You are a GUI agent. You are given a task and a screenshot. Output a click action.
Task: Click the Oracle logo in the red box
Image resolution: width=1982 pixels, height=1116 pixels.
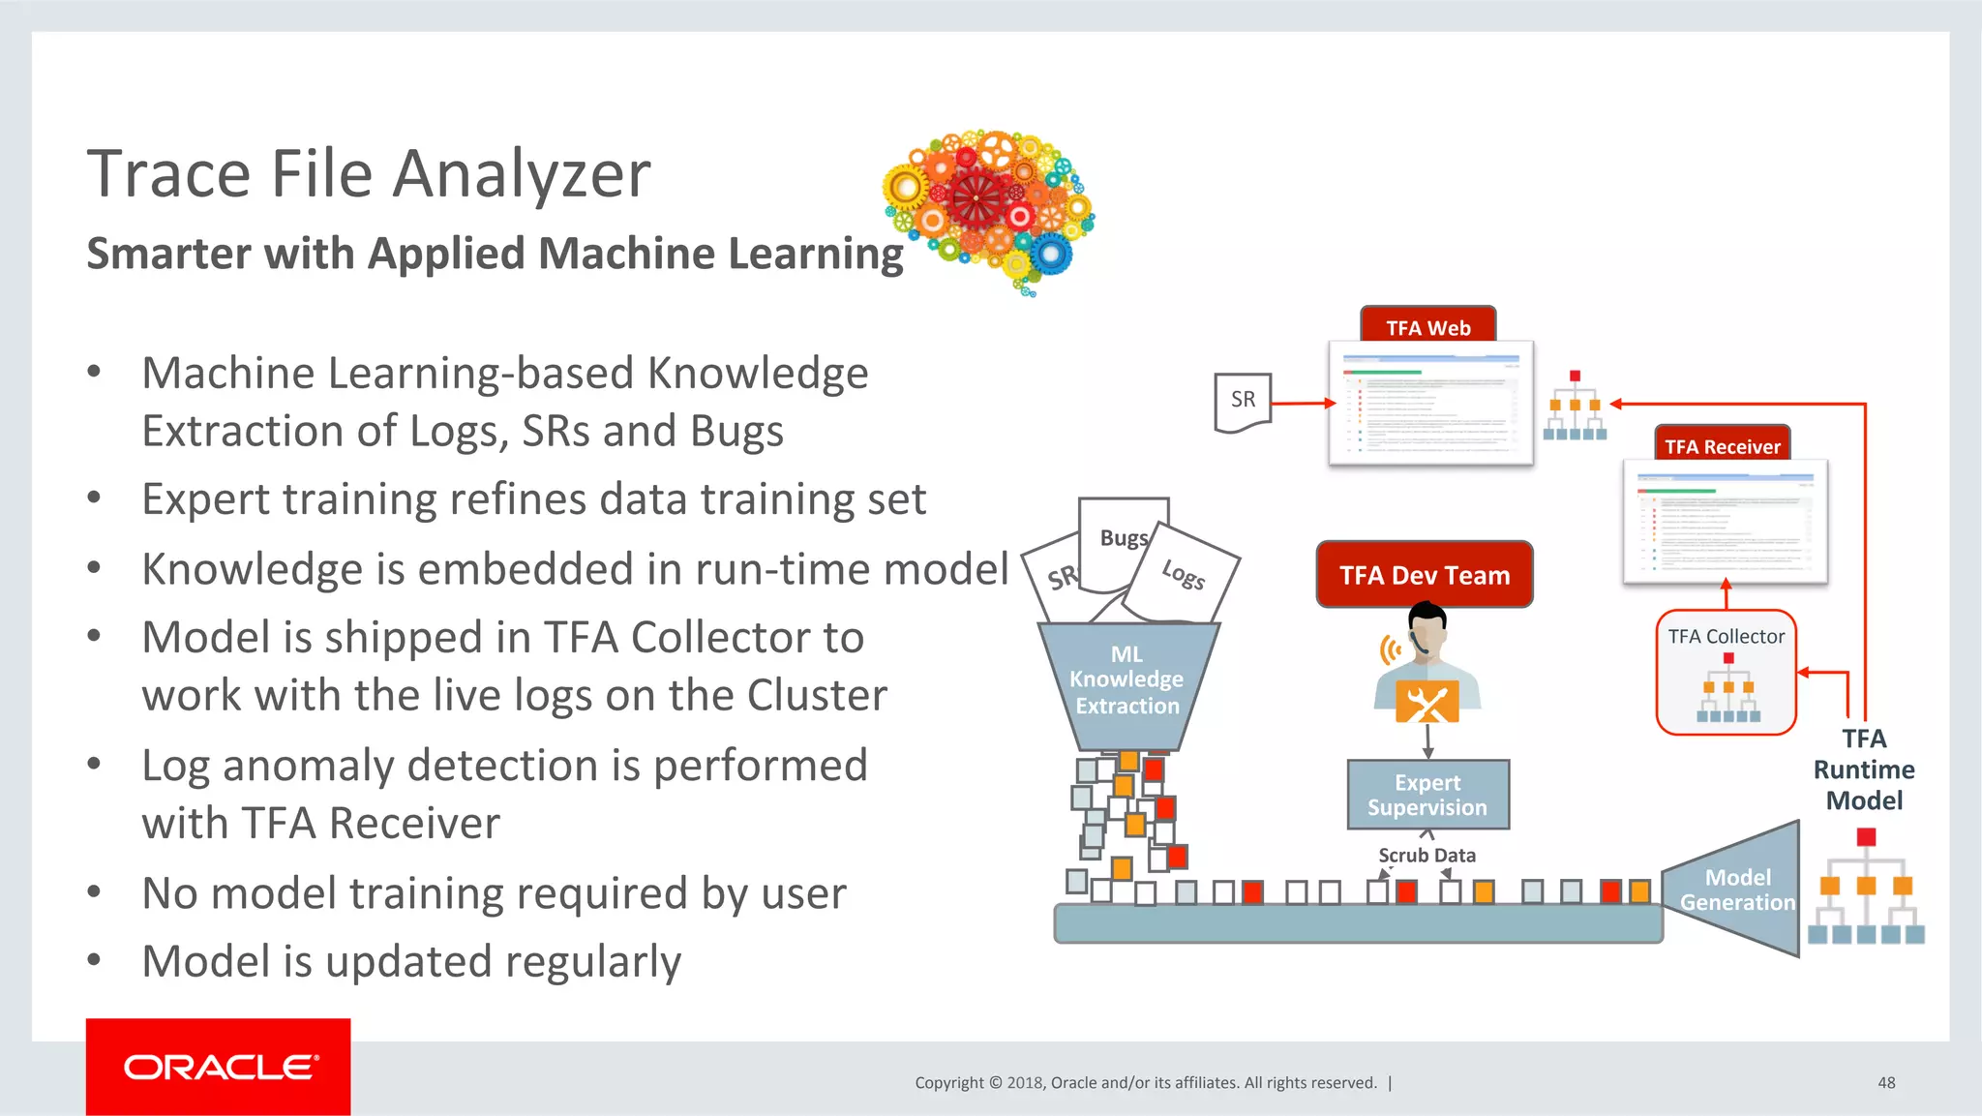pos(219,1067)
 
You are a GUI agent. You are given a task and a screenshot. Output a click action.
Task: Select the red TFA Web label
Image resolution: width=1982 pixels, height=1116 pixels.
pos(1427,326)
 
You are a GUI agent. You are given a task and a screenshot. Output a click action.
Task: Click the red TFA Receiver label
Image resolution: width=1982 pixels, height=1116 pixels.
pos(1722,445)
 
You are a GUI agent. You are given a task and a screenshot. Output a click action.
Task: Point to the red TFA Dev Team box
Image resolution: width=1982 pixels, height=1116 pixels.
pos(1425,575)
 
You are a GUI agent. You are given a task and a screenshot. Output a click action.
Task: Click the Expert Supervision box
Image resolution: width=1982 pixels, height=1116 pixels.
pos(1427,795)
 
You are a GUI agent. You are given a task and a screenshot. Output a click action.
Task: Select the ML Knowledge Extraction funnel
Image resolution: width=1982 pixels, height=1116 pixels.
pos(1126,683)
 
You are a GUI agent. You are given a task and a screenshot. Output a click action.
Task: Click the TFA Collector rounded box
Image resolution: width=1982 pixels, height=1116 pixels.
pos(1726,672)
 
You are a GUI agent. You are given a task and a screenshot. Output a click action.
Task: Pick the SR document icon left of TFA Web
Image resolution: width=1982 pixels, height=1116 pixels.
pos(1243,402)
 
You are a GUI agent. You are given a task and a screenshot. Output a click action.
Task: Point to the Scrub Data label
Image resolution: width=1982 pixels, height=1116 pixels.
pos(1426,856)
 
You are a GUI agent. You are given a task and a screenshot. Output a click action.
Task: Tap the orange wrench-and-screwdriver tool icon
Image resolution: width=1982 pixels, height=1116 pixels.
pos(1426,701)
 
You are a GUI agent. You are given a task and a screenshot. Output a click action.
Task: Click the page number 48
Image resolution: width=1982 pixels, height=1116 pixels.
pos(1886,1082)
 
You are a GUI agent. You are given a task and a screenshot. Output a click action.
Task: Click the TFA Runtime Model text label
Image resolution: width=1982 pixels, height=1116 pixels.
pos(1863,769)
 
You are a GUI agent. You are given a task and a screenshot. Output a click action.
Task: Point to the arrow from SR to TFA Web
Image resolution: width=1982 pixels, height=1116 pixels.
pos(1303,403)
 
